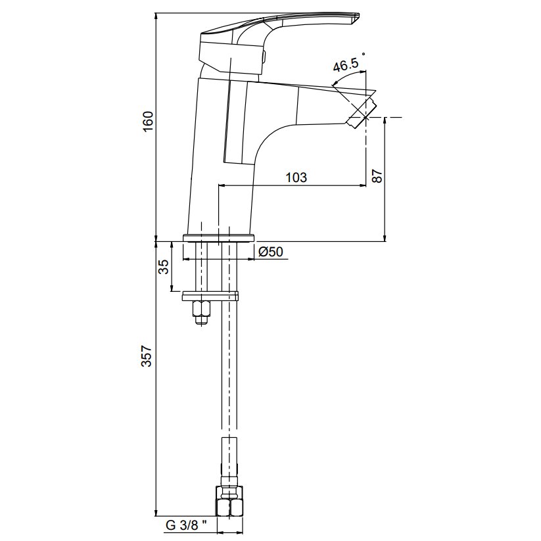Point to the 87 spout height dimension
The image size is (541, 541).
click(x=377, y=176)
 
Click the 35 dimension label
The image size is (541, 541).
click(x=164, y=266)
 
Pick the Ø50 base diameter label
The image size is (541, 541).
click(x=270, y=252)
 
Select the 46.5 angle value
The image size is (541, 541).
click(x=345, y=66)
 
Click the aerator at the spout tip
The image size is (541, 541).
click(x=362, y=112)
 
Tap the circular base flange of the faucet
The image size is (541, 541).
click(x=218, y=237)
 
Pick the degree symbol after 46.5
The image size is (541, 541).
click(x=364, y=55)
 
